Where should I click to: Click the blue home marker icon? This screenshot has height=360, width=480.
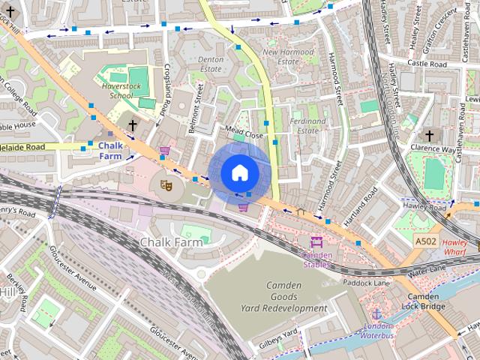(x=239, y=172)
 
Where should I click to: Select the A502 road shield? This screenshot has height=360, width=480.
(x=424, y=241)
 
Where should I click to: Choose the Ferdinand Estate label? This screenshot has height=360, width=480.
(x=307, y=125)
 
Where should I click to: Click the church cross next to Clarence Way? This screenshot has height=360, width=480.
(x=429, y=136)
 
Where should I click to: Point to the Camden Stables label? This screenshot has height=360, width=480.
(x=316, y=259)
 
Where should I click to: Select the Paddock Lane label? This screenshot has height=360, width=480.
(x=367, y=283)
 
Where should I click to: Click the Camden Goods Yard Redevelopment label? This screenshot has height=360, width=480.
(x=283, y=297)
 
